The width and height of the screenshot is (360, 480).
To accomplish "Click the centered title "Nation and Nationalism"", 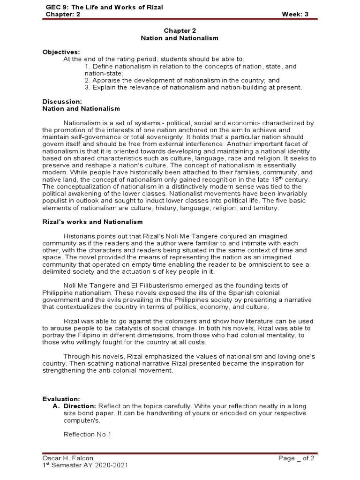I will [x=180, y=38].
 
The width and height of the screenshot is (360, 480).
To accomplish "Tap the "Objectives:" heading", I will [x=61, y=52].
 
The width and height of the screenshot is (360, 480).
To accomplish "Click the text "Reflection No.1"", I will [x=87, y=434].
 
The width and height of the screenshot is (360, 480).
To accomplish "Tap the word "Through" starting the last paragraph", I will [x=77, y=356].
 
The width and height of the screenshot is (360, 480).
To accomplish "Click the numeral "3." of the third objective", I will [x=88, y=87].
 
